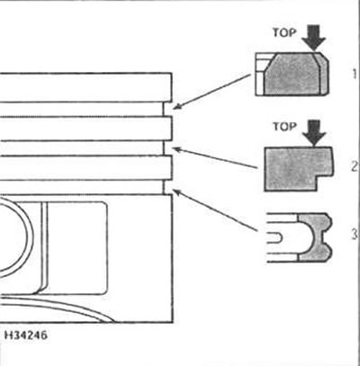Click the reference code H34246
(26, 335)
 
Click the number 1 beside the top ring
(355, 74)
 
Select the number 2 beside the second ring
(355, 165)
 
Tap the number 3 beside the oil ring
(355, 234)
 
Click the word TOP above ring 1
(284, 32)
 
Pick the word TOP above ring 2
(284, 127)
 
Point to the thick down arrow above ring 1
(314, 38)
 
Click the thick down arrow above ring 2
(314, 133)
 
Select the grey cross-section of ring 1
(295, 74)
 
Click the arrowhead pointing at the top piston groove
(176, 106)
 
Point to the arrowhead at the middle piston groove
(177, 149)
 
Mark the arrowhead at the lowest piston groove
(177, 192)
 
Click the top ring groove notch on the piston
(167, 110)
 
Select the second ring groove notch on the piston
(167, 148)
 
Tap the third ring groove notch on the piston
(167, 187)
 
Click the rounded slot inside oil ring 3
(274, 237)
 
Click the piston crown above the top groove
(85, 87)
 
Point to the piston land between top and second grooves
(85, 129)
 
